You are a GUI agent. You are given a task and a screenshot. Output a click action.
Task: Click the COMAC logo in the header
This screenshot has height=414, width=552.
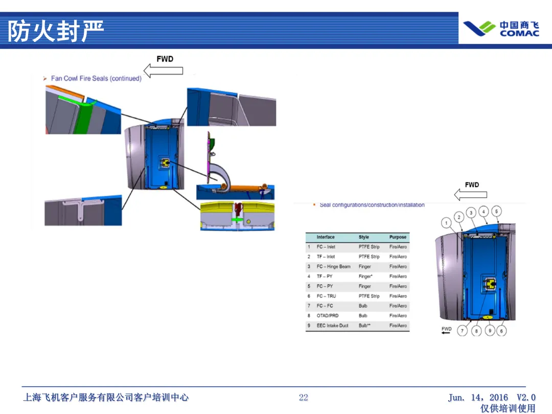point(501,29)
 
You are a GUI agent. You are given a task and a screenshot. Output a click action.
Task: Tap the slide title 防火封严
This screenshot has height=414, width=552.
point(55,31)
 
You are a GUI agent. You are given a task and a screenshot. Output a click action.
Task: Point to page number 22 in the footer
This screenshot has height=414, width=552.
point(304,397)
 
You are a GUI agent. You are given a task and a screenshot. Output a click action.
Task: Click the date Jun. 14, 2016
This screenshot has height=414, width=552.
point(478,397)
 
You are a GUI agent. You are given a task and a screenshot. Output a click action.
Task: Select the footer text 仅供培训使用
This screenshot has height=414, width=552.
point(508,408)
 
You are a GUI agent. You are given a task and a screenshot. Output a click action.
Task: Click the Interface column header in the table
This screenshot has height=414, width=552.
point(326,237)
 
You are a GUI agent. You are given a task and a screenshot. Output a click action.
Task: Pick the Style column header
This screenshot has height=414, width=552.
point(364,237)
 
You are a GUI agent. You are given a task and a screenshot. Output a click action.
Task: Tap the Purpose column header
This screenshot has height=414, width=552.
point(398,237)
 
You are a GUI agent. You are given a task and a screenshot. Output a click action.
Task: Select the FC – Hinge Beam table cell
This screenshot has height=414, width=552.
point(333,266)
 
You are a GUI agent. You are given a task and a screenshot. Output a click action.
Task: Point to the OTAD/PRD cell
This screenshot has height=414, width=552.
point(327,315)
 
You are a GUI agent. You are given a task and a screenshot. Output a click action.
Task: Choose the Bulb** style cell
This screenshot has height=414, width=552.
point(364,326)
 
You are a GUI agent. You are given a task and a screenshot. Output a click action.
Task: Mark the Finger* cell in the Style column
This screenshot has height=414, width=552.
point(365,277)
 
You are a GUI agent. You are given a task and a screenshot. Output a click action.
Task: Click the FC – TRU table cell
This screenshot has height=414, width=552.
point(326,296)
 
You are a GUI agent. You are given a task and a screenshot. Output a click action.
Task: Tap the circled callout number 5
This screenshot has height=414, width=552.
point(496,211)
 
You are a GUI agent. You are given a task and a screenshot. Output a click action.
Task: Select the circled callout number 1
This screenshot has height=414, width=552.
point(447,223)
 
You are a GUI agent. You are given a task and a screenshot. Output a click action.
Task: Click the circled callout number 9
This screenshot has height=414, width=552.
point(489,331)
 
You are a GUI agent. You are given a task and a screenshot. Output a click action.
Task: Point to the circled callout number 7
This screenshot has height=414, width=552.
point(462,331)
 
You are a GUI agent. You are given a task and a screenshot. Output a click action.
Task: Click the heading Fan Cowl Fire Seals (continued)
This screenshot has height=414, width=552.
point(96,78)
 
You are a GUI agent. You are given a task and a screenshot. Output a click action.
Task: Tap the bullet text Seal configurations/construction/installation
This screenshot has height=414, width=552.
point(372,205)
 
